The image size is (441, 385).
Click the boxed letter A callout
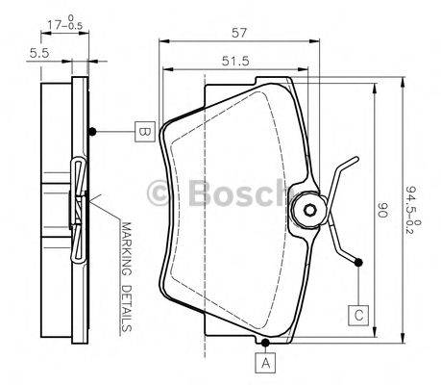266,363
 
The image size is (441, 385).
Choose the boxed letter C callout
357,313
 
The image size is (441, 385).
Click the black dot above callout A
266,341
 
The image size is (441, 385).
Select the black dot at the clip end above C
357,262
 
